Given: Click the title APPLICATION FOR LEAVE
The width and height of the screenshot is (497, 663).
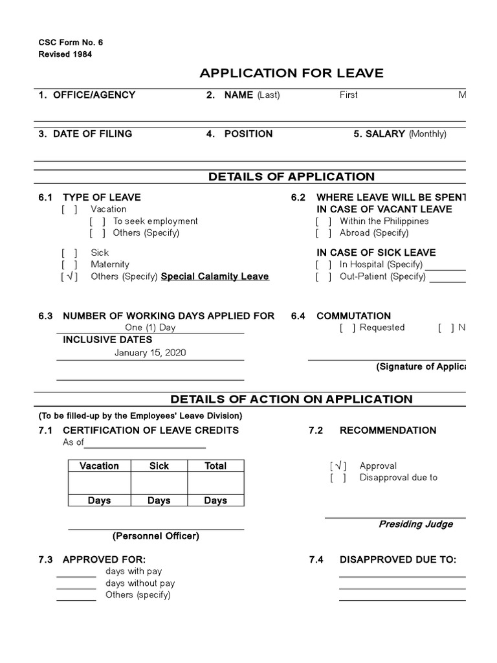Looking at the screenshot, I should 291,73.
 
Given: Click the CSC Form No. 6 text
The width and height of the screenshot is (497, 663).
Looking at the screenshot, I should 71,43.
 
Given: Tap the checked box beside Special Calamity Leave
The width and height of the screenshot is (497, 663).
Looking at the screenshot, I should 69,276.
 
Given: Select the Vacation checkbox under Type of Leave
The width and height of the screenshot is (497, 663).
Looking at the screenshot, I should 69,209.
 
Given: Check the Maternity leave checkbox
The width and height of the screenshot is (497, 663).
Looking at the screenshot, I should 69,264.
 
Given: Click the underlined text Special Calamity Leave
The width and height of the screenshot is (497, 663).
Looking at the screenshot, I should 215,276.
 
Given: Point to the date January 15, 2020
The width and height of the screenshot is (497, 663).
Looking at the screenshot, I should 149,353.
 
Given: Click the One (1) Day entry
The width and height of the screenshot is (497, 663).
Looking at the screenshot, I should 150,328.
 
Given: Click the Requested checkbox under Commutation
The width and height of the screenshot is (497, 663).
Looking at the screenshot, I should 347,328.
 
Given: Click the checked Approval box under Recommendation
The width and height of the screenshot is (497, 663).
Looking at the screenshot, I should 338,466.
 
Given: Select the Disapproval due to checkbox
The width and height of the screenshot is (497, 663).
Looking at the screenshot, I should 338,478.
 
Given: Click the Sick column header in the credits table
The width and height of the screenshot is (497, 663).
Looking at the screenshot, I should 159,466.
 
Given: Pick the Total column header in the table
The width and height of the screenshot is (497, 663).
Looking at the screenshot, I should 215,466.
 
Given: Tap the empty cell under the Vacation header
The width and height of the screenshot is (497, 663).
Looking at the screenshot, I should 99,483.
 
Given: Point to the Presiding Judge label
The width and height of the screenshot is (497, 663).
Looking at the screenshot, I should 415,524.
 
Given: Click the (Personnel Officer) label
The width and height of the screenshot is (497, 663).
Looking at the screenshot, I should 156,536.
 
